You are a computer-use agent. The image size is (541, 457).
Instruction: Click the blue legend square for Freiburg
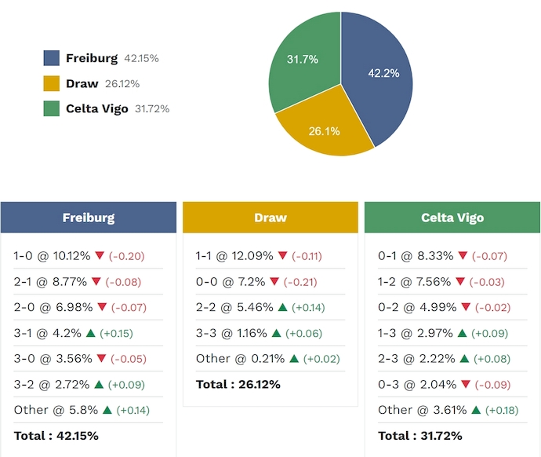(x=52, y=58)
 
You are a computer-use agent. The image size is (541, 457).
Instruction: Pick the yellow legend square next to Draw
(x=52, y=83)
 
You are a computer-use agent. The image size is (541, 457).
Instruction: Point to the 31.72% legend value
(x=152, y=109)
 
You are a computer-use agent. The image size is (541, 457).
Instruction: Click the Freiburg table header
(x=89, y=218)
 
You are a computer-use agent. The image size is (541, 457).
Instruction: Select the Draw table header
(x=270, y=218)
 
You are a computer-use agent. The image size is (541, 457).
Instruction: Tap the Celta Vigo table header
(x=452, y=218)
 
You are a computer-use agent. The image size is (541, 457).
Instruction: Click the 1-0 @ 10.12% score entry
(x=53, y=256)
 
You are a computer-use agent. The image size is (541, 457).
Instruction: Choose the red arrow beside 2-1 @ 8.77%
(x=97, y=281)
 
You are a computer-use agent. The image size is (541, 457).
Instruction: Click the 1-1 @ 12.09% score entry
(x=234, y=256)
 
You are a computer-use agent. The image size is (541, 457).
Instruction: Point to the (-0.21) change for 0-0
(x=306, y=281)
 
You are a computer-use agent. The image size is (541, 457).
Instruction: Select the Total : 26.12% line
(x=238, y=384)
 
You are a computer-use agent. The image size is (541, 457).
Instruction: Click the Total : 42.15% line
(x=56, y=435)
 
